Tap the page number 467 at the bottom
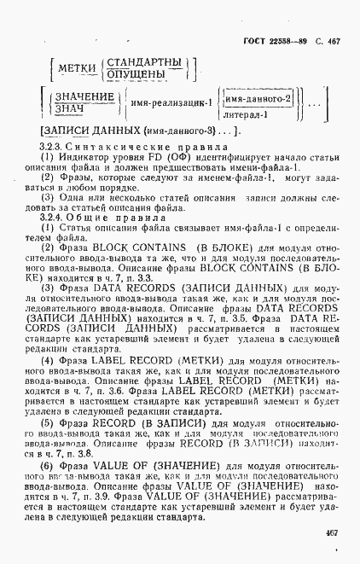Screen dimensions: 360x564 332,532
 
